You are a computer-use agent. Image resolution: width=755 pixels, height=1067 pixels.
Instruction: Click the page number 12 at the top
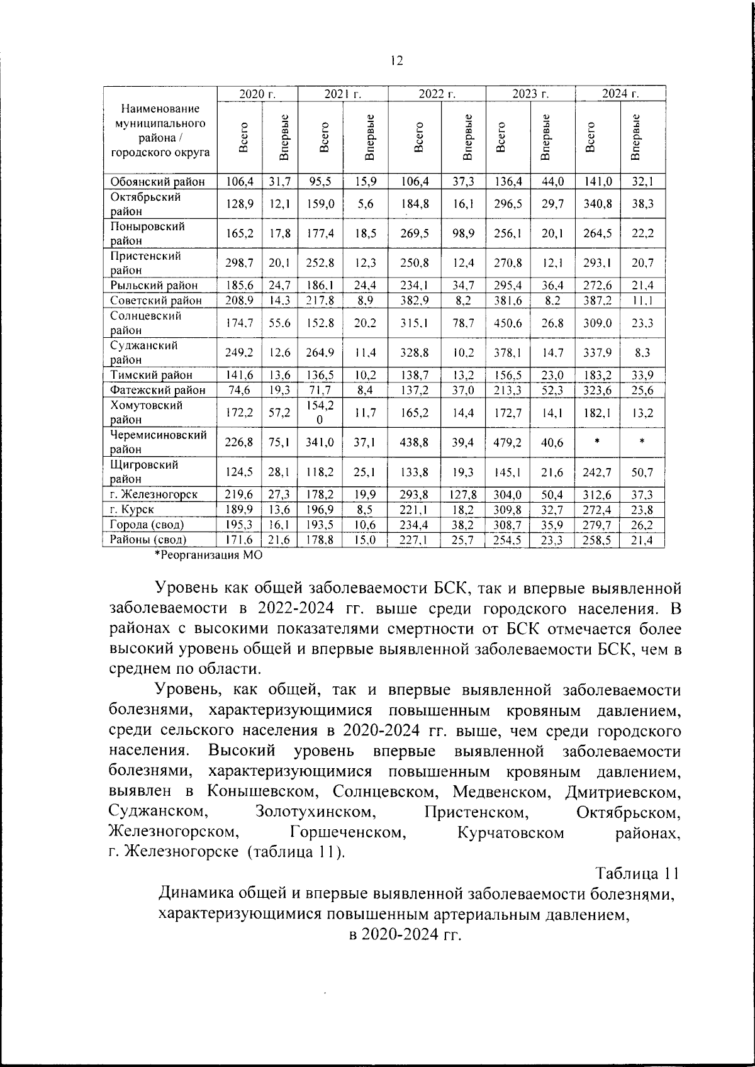(x=396, y=60)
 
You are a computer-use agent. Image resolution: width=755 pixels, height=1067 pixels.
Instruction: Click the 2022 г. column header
(x=437, y=94)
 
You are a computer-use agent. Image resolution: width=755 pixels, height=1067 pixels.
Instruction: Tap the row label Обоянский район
(x=158, y=182)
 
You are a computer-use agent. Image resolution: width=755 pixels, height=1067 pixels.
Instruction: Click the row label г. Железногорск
(x=154, y=494)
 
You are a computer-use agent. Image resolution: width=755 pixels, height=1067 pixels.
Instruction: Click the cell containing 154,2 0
(x=321, y=412)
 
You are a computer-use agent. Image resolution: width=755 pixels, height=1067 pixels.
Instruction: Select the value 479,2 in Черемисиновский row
(x=508, y=442)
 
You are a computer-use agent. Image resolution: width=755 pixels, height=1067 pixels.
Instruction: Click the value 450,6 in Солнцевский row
(x=508, y=323)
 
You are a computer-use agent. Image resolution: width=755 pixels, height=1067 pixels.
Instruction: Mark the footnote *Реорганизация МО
(x=208, y=555)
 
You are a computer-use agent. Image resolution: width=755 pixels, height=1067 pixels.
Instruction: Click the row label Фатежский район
(x=158, y=390)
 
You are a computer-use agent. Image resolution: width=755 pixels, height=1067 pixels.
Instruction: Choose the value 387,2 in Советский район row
(x=597, y=301)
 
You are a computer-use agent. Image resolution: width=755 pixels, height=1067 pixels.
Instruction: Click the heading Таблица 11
(x=637, y=874)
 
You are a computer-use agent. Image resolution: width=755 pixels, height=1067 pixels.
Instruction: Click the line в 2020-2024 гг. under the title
(x=406, y=934)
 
